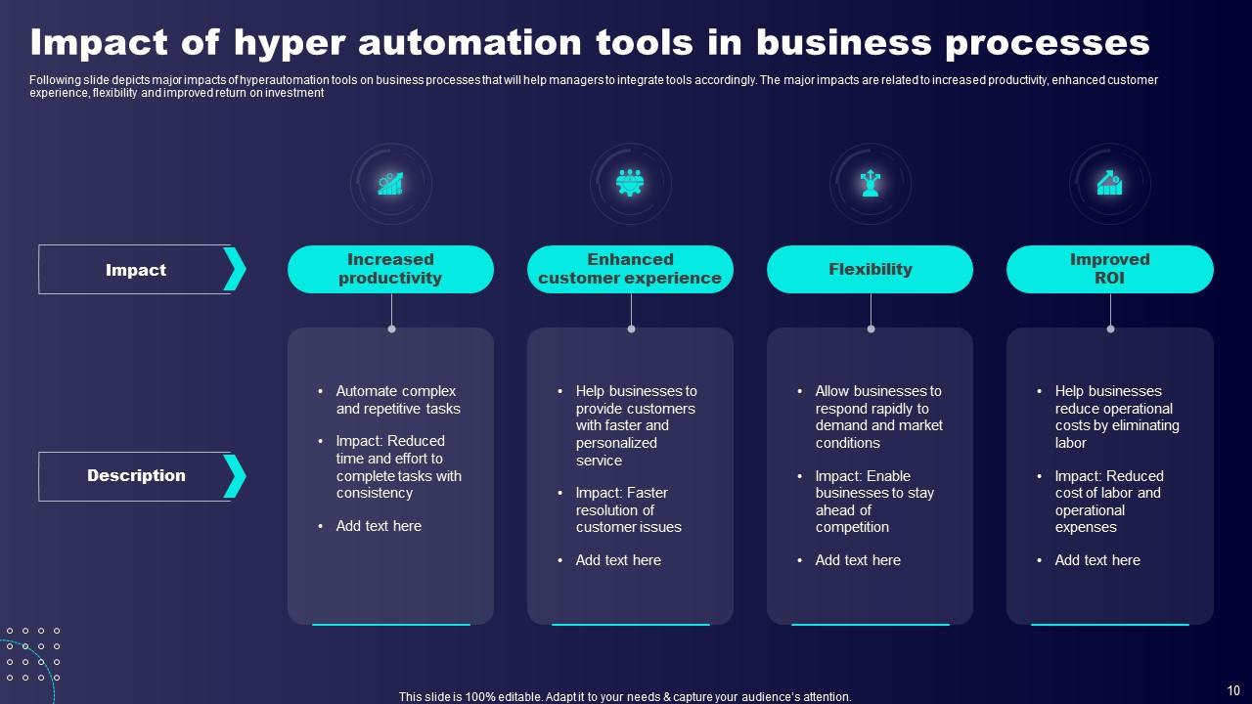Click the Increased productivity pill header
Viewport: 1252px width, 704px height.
click(390, 269)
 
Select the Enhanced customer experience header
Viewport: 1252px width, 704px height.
click(630, 269)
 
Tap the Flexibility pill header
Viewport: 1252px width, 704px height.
click(870, 269)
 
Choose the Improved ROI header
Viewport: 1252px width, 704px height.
click(1109, 269)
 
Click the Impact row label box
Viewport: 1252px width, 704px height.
click(135, 270)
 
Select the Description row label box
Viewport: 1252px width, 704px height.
click(135, 476)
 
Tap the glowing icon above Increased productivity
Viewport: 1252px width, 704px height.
click(390, 184)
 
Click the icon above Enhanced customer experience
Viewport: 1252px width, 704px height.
click(630, 184)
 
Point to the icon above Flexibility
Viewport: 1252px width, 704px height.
click(870, 184)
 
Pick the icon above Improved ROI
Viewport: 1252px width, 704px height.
click(1109, 184)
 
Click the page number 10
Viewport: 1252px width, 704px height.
click(1232, 690)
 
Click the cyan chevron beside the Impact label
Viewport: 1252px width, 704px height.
click(235, 270)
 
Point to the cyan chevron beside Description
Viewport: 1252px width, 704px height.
click(235, 476)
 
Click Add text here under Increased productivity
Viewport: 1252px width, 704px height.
click(379, 526)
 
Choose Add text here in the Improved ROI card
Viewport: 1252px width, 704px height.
click(1097, 560)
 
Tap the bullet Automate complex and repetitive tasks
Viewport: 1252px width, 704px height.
click(397, 400)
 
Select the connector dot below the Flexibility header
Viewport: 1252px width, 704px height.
click(871, 329)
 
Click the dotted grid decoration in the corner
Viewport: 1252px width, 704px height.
click(33, 654)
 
